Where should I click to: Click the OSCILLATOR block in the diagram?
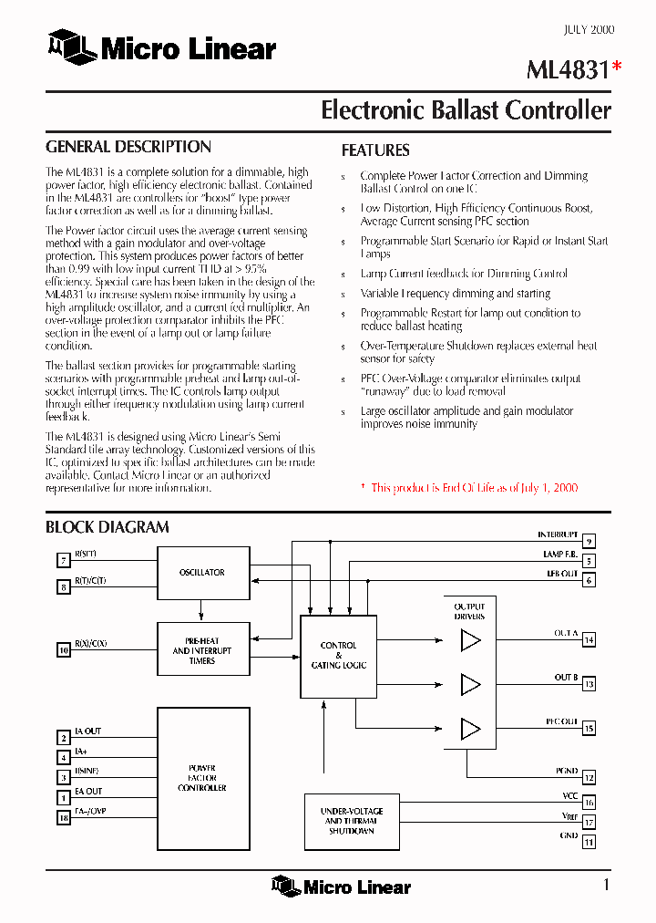pos(203,573)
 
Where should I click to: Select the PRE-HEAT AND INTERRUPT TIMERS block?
pos(203,650)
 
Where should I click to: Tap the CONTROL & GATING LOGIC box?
pos(338,656)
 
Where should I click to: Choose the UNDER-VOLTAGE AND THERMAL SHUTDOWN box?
pos(351,821)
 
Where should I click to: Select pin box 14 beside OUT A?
pos(589,640)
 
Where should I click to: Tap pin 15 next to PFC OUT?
pos(589,729)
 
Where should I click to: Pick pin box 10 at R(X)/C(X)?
pos(64,650)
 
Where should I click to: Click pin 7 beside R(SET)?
pos(64,561)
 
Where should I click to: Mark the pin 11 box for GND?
pos(589,842)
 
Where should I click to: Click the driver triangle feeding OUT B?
pos(470,684)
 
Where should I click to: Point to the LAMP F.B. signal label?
pos(559,555)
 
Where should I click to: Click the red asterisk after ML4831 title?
pos(618,65)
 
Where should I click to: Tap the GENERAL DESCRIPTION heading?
pos(128,147)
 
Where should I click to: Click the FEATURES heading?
pos(375,150)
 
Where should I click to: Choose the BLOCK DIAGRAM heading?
pos(108,527)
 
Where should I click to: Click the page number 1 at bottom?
pos(607,885)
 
